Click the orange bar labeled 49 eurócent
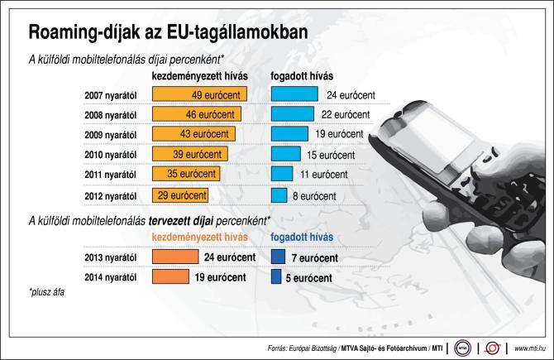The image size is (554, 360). click(199, 94)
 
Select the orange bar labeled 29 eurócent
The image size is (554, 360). click(180, 195)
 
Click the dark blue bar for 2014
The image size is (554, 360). click(276, 278)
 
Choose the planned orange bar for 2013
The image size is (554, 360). click(174, 257)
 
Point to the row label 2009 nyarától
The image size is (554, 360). click(110, 134)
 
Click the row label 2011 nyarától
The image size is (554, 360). click(110, 175)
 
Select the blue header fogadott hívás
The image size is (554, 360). click(303, 238)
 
